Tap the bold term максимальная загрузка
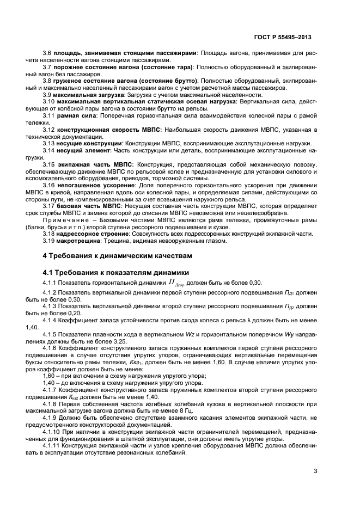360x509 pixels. [x=84, y=94]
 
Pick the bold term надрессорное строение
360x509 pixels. [x=93, y=234]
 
